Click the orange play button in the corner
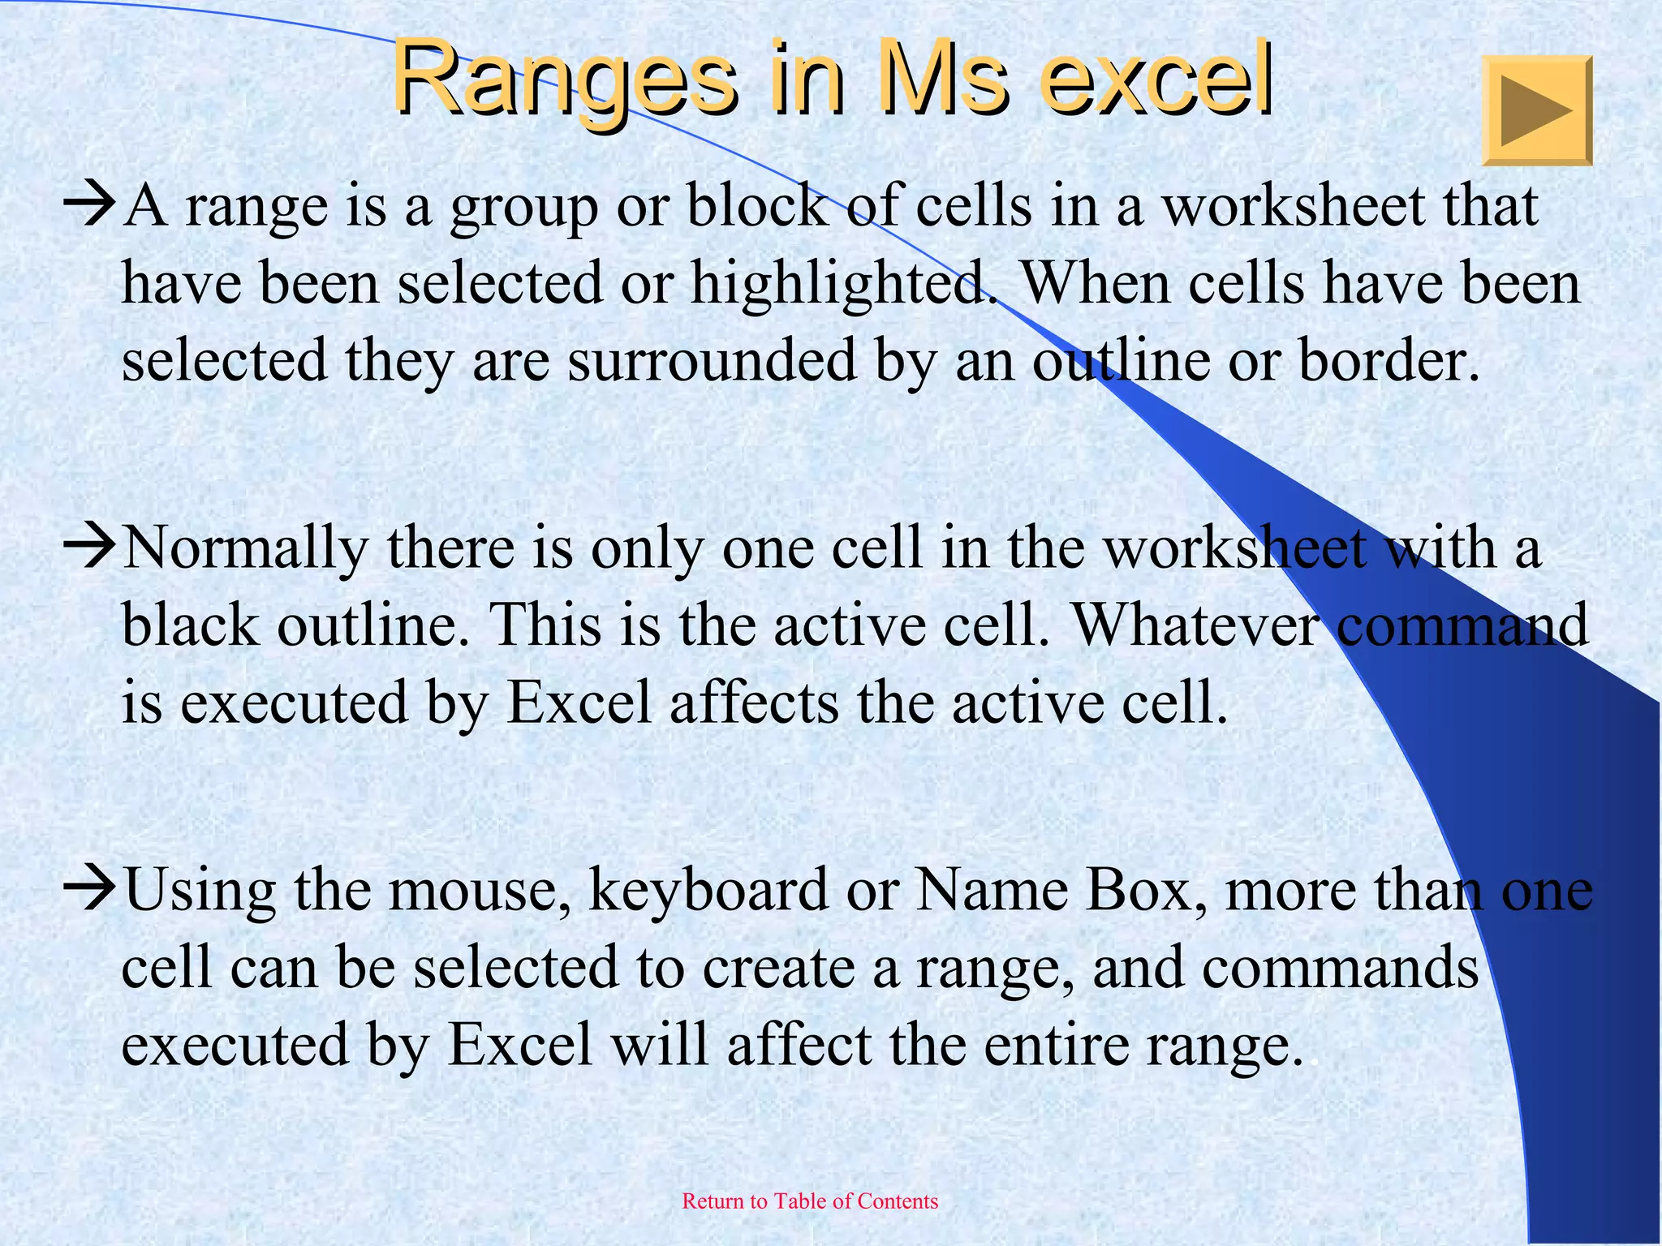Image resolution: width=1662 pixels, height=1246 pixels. [1537, 111]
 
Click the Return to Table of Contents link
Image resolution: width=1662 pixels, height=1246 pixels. [810, 1201]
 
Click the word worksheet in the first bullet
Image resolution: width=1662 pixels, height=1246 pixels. [1294, 206]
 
